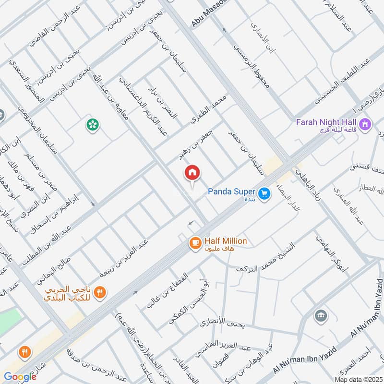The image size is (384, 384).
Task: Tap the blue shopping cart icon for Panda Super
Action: click(263, 194)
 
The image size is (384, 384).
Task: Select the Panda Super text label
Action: click(231, 192)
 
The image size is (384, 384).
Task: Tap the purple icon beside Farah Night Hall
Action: click(366, 124)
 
